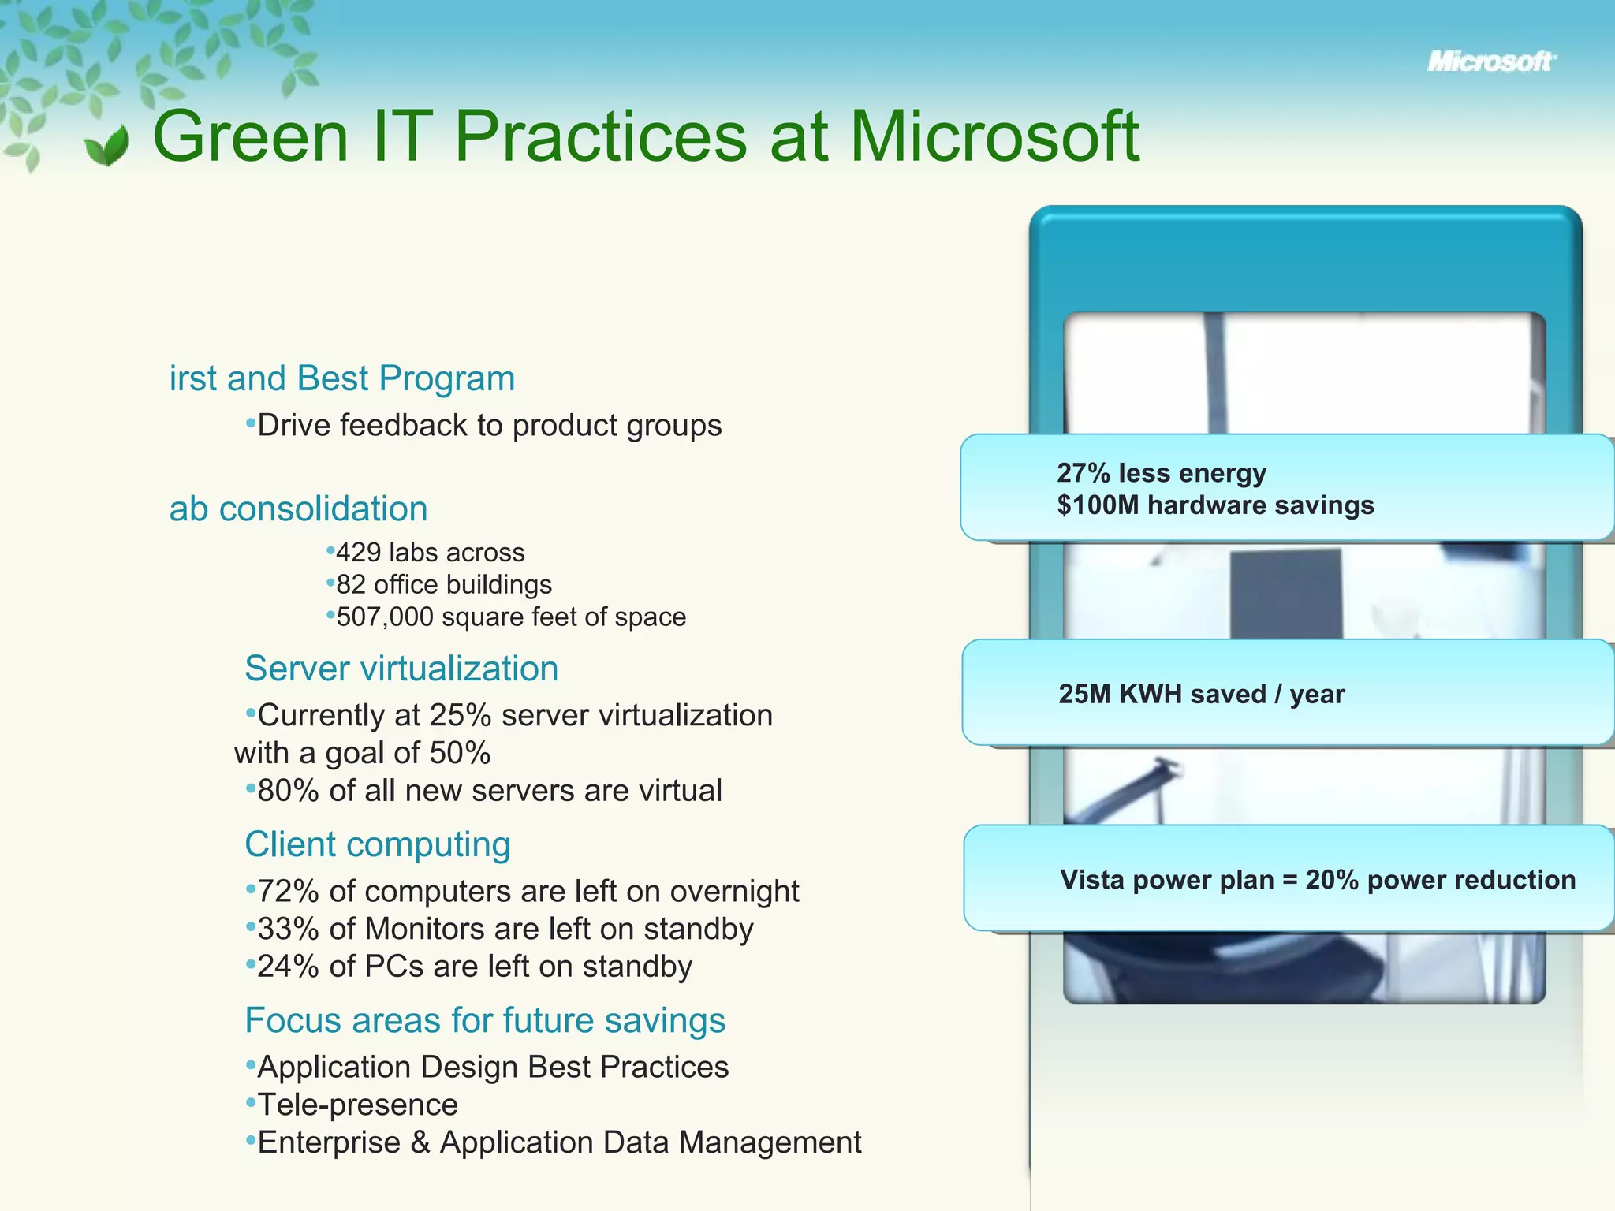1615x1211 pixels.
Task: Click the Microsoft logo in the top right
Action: [x=1490, y=61]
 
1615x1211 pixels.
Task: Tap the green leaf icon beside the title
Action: [x=107, y=145]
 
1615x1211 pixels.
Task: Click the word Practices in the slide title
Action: [x=601, y=137]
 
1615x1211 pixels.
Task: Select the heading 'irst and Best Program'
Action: [x=342, y=378]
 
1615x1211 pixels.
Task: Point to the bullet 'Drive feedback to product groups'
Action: [x=489, y=426]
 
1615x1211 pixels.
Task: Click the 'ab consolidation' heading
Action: [x=299, y=509]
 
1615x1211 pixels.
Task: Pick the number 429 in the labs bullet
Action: [x=358, y=553]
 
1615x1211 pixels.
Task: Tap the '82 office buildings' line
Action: [x=444, y=585]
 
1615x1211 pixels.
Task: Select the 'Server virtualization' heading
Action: [x=401, y=669]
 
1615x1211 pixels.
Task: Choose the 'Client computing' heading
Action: [x=378, y=844]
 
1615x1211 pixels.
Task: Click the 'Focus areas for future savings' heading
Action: [x=485, y=1020]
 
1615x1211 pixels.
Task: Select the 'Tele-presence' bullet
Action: [x=358, y=1105]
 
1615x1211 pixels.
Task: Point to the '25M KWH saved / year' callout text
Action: [x=1202, y=695]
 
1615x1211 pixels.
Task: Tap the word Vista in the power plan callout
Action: [x=1092, y=880]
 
